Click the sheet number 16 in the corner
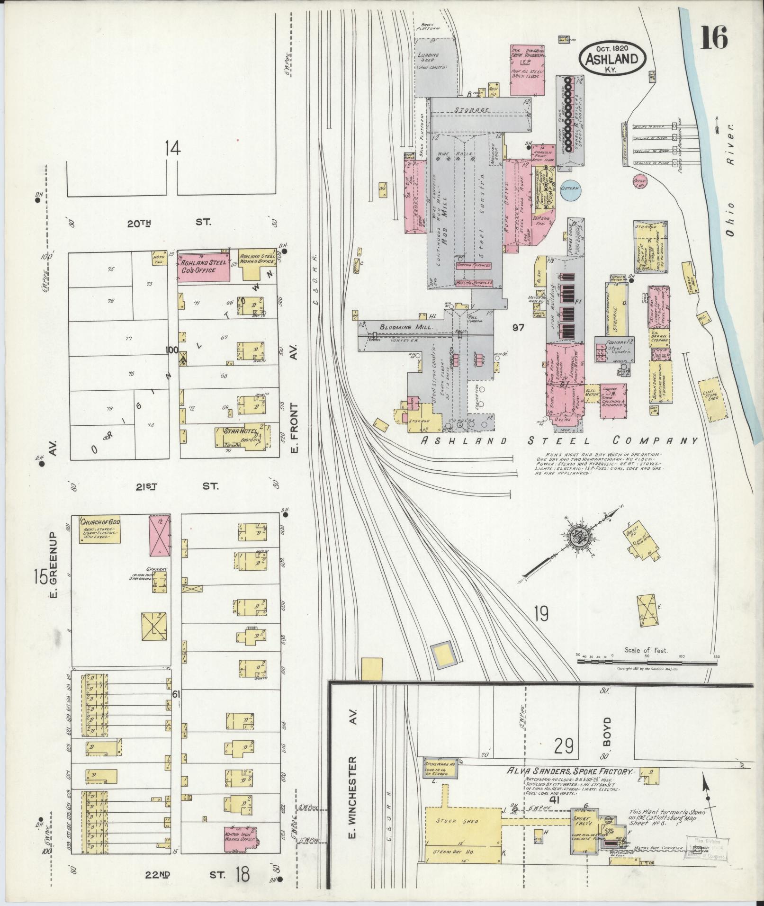[x=714, y=38]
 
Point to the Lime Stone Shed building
[x=710, y=399]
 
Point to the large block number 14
[x=172, y=149]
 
